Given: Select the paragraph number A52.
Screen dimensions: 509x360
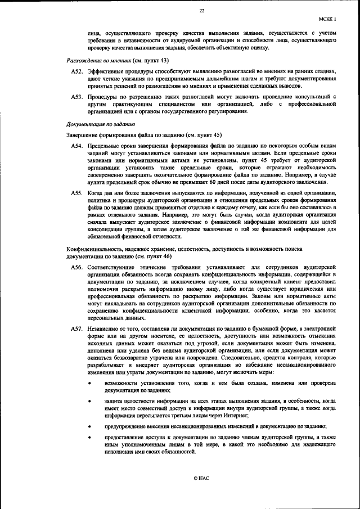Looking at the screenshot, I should tap(77, 71).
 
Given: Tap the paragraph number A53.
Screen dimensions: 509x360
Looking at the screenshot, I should tap(77, 97).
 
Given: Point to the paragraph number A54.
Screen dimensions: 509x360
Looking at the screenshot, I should tap(77, 146).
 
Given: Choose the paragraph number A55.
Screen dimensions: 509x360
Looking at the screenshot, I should tap(77, 193).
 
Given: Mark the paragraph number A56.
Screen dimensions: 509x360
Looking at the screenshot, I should tap(77, 268).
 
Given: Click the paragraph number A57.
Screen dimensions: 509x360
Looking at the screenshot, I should tap(77, 328).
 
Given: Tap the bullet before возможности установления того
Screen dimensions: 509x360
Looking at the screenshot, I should tap(91, 383).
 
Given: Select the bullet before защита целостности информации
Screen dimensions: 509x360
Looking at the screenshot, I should tap(91, 400).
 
